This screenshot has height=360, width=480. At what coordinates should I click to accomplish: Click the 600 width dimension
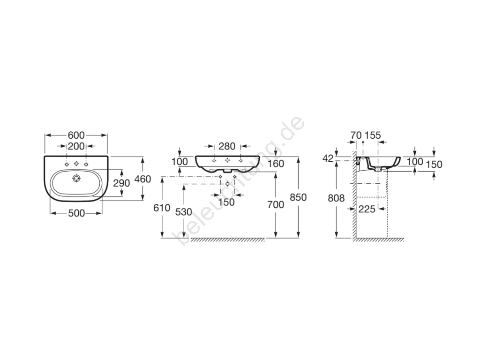tap(76, 135)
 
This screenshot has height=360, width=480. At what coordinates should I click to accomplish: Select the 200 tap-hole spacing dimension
tap(76, 146)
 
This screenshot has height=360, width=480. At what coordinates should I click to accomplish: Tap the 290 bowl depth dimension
tap(121, 183)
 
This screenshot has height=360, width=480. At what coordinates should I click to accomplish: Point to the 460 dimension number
tap(142, 179)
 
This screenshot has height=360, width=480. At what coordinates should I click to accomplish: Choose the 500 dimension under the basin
tap(76, 213)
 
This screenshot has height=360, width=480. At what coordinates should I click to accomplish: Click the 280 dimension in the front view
tap(227, 146)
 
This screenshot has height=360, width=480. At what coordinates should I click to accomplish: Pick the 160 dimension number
tap(276, 164)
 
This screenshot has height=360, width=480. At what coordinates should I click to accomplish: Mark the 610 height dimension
tap(162, 208)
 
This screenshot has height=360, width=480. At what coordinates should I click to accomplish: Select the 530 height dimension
tap(184, 212)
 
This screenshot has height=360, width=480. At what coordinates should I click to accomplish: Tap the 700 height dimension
tap(276, 204)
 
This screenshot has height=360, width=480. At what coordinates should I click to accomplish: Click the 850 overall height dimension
tap(298, 197)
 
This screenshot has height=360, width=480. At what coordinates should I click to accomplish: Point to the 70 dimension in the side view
tap(356, 135)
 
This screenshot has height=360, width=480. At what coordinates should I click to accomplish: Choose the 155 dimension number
tap(373, 135)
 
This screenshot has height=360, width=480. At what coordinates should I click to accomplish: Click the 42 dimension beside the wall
tap(328, 158)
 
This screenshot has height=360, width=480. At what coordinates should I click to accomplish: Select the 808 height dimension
tap(336, 198)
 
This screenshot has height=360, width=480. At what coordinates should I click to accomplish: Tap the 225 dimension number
tap(367, 209)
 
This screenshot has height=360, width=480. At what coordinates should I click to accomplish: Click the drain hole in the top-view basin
tap(76, 178)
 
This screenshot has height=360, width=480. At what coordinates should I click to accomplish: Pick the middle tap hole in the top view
tap(76, 164)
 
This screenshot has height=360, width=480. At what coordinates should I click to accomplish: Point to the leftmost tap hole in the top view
tap(67, 165)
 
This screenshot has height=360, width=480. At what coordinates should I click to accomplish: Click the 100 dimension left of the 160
tap(180, 161)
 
